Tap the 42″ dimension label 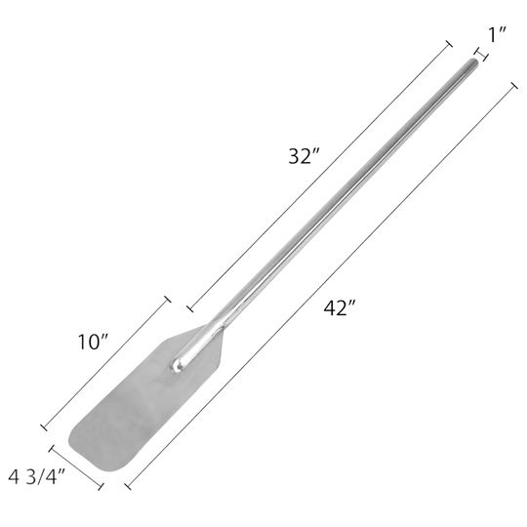coord(340,307)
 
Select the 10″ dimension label coord(93,342)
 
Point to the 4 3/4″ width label coord(37,477)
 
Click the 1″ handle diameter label coord(498,34)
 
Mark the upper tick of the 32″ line coord(449,44)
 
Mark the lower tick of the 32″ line coord(190,307)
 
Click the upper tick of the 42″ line coord(514,86)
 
